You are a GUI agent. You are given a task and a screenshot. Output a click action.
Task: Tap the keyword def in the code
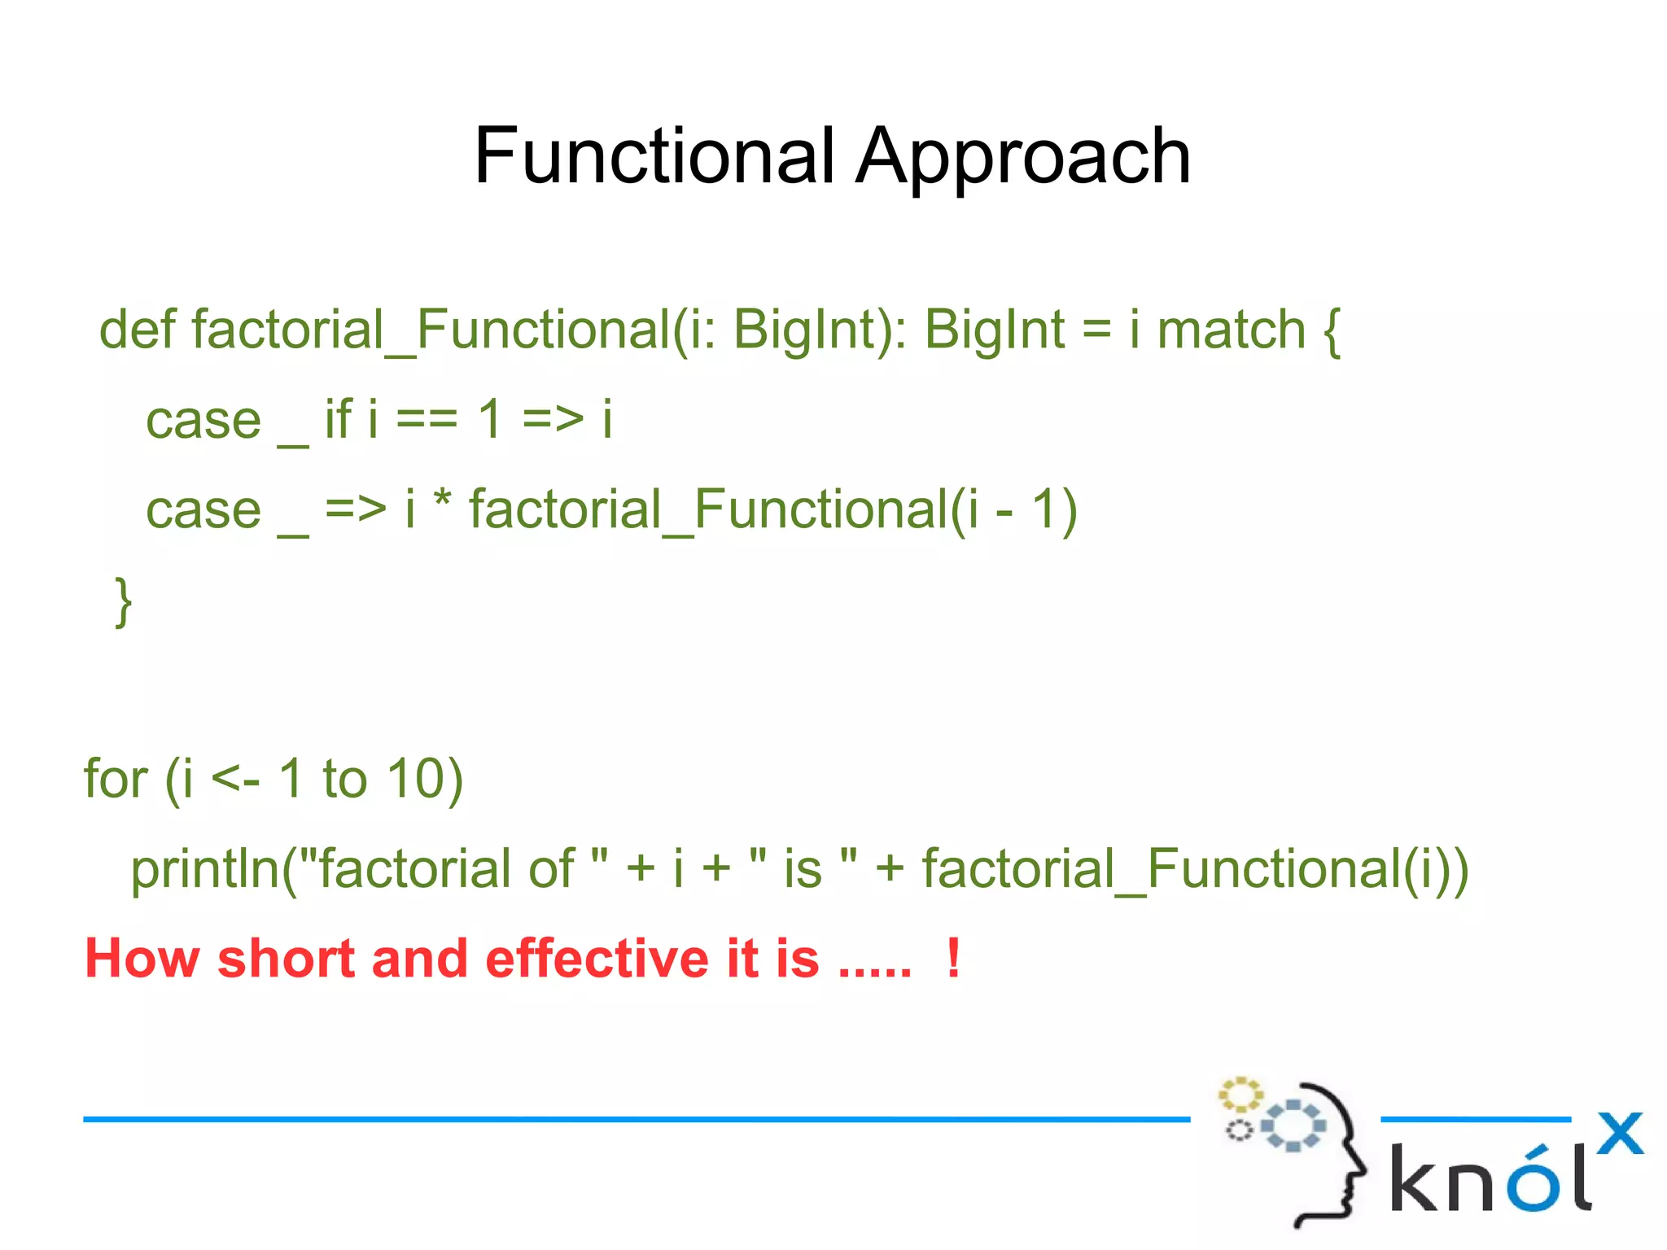(x=137, y=330)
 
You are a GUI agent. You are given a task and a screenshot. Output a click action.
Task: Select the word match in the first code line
(x=1231, y=330)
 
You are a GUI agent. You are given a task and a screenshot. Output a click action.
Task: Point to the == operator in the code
(x=428, y=421)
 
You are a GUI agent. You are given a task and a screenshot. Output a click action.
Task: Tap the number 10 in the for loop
(x=416, y=779)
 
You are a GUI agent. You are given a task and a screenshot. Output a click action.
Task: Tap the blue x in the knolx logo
(x=1619, y=1133)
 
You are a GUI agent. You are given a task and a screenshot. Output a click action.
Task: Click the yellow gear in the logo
(x=1240, y=1095)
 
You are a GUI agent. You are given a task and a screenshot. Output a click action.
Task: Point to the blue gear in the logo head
(x=1293, y=1125)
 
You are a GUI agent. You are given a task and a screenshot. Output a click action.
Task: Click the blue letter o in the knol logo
(x=1534, y=1181)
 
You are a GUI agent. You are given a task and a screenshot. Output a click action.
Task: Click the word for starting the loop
(x=116, y=779)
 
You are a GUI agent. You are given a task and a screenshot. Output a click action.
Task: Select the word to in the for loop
(x=344, y=779)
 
